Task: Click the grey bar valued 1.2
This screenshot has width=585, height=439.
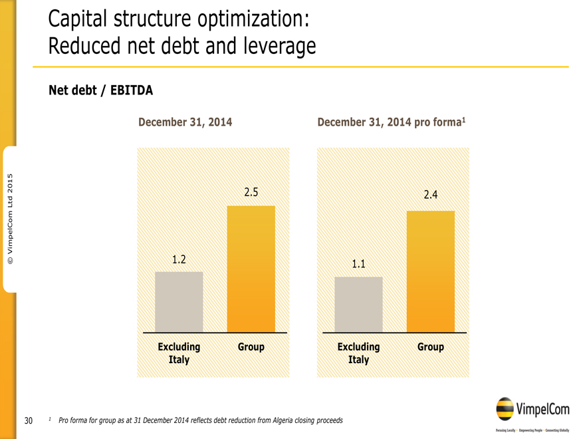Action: pyautogui.click(x=179, y=301)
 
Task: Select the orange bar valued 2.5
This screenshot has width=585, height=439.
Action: pyautogui.click(x=251, y=269)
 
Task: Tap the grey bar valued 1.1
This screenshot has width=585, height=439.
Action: pyautogui.click(x=358, y=304)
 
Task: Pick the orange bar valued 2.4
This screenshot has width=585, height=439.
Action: pyautogui.click(x=430, y=271)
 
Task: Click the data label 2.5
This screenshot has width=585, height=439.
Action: pyautogui.click(x=251, y=192)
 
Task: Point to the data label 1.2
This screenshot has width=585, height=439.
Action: pyautogui.click(x=178, y=259)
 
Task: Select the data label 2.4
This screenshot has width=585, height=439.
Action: pyautogui.click(x=431, y=195)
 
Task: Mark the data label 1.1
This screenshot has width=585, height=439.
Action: pyautogui.click(x=358, y=264)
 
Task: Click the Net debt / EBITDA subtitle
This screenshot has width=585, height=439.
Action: pyautogui.click(x=101, y=91)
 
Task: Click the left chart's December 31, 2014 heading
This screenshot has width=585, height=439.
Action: pyautogui.click(x=185, y=122)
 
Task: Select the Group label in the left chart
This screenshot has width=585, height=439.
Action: pyautogui.click(x=251, y=347)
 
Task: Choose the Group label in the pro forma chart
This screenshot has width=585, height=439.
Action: pyautogui.click(x=430, y=347)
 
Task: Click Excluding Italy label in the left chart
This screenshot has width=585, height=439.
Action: pyautogui.click(x=179, y=353)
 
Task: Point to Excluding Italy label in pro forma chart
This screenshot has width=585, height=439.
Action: pyautogui.click(x=358, y=353)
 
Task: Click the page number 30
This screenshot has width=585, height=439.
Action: pyautogui.click(x=29, y=420)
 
